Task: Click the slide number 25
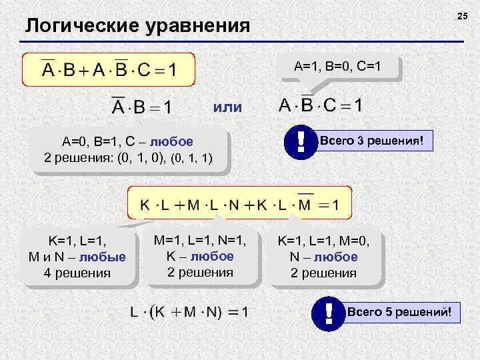click(463, 15)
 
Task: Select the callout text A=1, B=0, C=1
click(337, 67)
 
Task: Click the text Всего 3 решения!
click(377, 141)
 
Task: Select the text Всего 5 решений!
click(404, 312)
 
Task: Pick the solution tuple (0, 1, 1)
click(192, 159)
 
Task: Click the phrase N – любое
click(323, 257)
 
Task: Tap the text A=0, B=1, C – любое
click(127, 142)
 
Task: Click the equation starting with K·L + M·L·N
click(239, 204)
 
